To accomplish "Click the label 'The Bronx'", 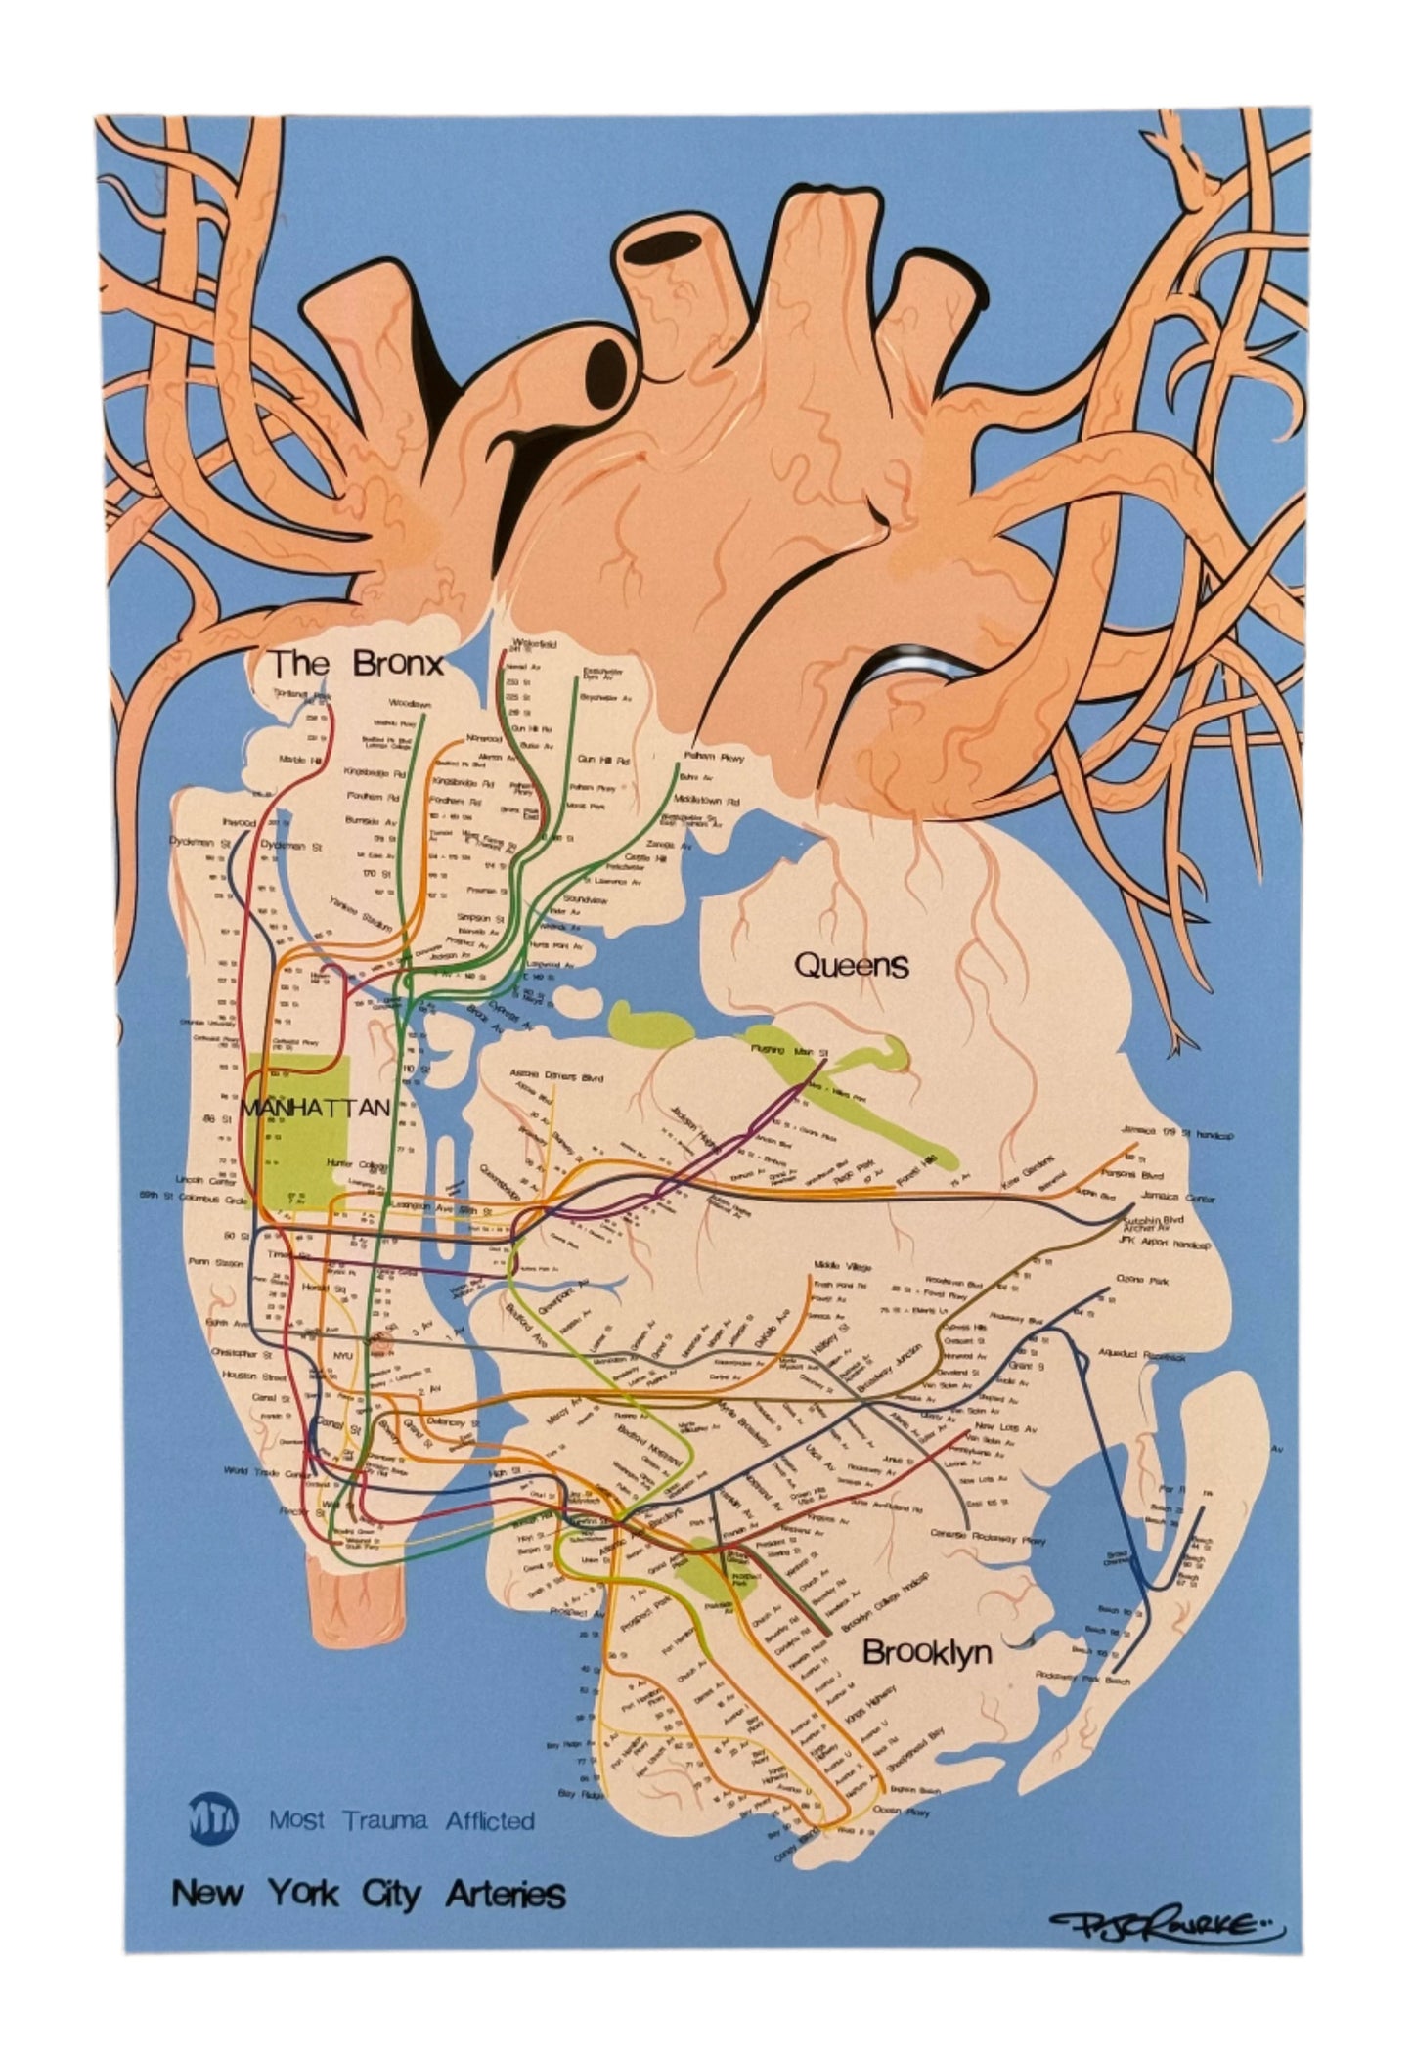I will pos(357,664).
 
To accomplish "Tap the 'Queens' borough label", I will pos(851,966).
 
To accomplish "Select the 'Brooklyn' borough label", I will pos(927,1652).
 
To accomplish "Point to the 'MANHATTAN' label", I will pos(315,1108).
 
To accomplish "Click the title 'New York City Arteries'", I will pos(369,1894).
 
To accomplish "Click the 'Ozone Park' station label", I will pos(1139,1280).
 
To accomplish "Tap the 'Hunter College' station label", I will pos(350,1163).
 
